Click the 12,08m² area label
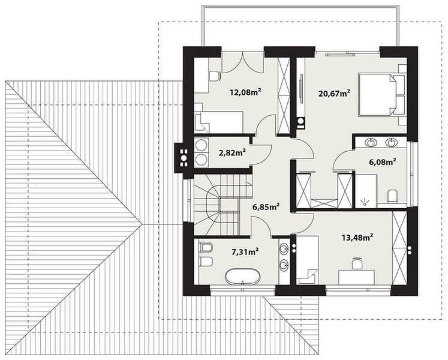[x=245, y=92]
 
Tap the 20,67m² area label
[x=335, y=93]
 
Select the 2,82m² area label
[x=232, y=152]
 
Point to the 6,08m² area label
[x=382, y=162]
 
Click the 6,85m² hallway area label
[x=266, y=207]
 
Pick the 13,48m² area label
[x=357, y=238]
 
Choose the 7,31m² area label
[x=245, y=251]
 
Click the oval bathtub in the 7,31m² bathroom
[x=242, y=277]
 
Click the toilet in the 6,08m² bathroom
[x=393, y=196]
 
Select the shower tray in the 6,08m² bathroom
[x=366, y=190]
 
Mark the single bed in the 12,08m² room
[x=219, y=122]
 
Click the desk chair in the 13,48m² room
[x=357, y=263]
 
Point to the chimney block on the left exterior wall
[x=181, y=158]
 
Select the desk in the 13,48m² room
[x=356, y=277]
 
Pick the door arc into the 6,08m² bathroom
[x=344, y=161]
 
